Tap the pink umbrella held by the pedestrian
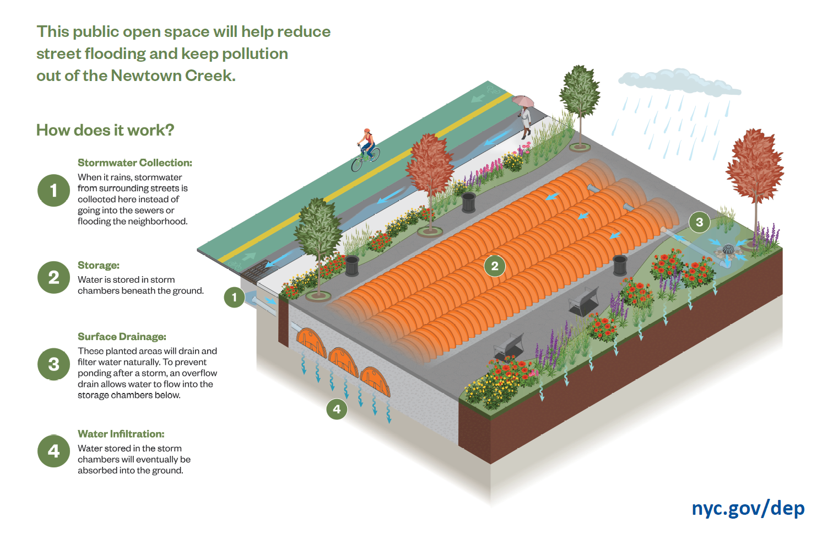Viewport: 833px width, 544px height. pyautogui.click(x=523, y=101)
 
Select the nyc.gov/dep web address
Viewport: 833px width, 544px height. pyautogui.click(x=748, y=508)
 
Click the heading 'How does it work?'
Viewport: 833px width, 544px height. pyautogui.click(x=105, y=130)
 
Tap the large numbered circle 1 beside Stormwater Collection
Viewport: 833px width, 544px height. pyautogui.click(x=53, y=191)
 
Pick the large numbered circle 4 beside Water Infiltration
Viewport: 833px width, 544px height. pyautogui.click(x=53, y=451)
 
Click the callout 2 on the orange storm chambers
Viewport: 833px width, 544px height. pyautogui.click(x=494, y=266)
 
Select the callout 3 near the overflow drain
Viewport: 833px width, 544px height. pyautogui.click(x=699, y=222)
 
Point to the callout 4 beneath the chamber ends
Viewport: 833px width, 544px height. pyautogui.click(x=337, y=409)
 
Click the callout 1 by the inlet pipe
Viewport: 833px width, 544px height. pyautogui.click(x=234, y=298)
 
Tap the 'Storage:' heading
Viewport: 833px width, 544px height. pyautogui.click(x=99, y=265)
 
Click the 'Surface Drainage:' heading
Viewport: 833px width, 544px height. pyautogui.click(x=122, y=337)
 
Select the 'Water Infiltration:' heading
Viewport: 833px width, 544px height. pyautogui.click(x=121, y=434)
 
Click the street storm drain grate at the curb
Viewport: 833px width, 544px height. pyautogui.click(x=256, y=271)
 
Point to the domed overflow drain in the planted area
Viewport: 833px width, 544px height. pyautogui.click(x=728, y=250)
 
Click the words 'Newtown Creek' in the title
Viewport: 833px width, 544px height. pyautogui.click(x=172, y=76)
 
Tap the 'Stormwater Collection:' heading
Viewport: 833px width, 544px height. pyautogui.click(x=135, y=163)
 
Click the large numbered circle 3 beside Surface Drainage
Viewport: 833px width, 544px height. pyautogui.click(x=53, y=364)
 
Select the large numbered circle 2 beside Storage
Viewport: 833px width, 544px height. pyautogui.click(x=53, y=277)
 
